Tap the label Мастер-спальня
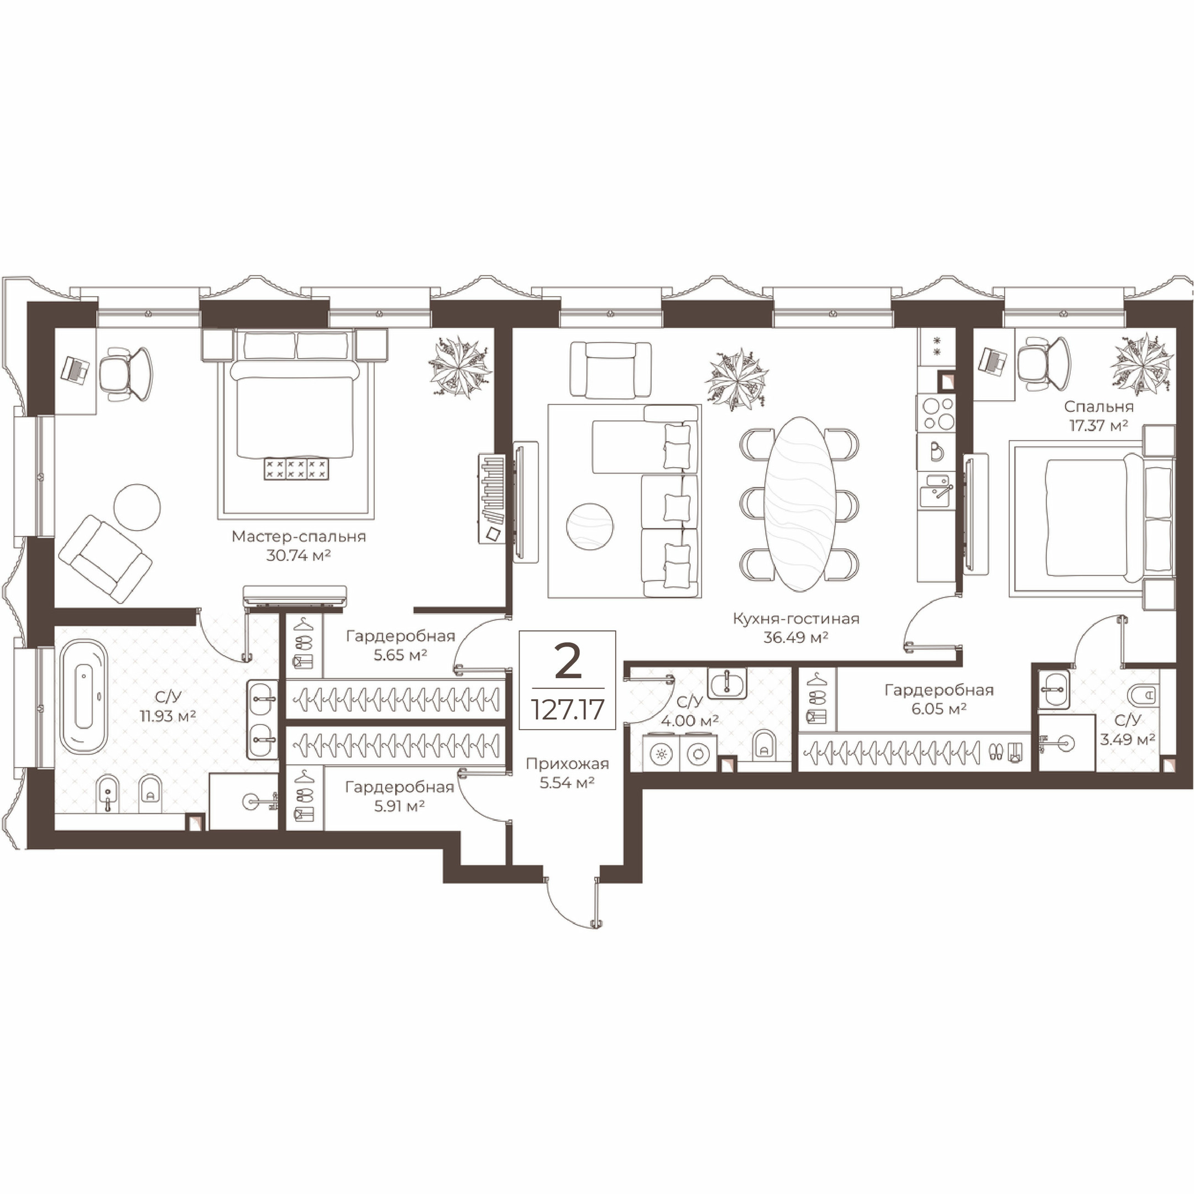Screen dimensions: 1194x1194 click(298, 536)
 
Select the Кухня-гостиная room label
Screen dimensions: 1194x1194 click(795, 619)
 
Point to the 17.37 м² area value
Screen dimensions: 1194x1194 click(1098, 425)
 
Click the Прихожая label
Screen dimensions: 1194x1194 click(567, 764)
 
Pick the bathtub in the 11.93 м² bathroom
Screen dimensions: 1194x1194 click(84, 696)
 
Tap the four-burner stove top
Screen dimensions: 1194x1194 click(937, 413)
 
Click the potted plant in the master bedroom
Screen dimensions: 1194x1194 click(460, 366)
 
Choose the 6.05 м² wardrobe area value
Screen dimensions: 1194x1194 click(939, 709)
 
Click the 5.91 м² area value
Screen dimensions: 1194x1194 click(399, 806)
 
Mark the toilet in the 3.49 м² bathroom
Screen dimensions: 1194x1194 click(1141, 695)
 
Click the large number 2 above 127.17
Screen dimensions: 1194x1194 click(568, 661)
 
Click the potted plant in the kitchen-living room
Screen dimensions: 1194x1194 click(737, 379)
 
